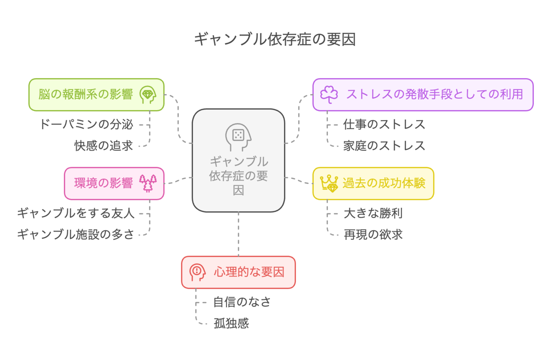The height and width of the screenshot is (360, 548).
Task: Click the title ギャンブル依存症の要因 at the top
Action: [275, 39]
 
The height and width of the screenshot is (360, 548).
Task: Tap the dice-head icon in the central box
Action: [238, 137]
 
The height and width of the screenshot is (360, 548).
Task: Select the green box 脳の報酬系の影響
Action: [96, 95]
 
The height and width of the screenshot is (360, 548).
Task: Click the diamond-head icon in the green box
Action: [148, 95]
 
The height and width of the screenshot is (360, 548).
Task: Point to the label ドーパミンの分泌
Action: [86, 125]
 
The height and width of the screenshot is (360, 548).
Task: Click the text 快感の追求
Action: [104, 146]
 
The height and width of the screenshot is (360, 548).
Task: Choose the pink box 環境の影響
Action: [114, 183]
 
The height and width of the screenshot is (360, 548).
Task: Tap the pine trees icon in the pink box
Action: [148, 183]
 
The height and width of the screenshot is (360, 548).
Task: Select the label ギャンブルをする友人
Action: [76, 213]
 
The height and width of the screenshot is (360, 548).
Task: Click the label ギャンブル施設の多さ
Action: [76, 234]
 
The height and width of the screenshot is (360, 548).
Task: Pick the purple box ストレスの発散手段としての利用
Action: [423, 95]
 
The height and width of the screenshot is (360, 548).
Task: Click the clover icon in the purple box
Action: [329, 95]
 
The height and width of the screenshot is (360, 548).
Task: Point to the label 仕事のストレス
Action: [384, 125]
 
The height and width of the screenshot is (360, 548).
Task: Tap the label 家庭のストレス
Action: [384, 146]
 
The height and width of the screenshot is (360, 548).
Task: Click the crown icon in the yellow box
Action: [329, 184]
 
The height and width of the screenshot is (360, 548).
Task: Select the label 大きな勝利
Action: [373, 213]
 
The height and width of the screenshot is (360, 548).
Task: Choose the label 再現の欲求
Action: [373, 234]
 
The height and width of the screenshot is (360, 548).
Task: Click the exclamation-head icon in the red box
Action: [197, 272]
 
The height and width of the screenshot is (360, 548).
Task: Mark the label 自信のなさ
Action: [242, 302]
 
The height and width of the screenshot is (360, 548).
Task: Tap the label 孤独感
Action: [231, 323]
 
